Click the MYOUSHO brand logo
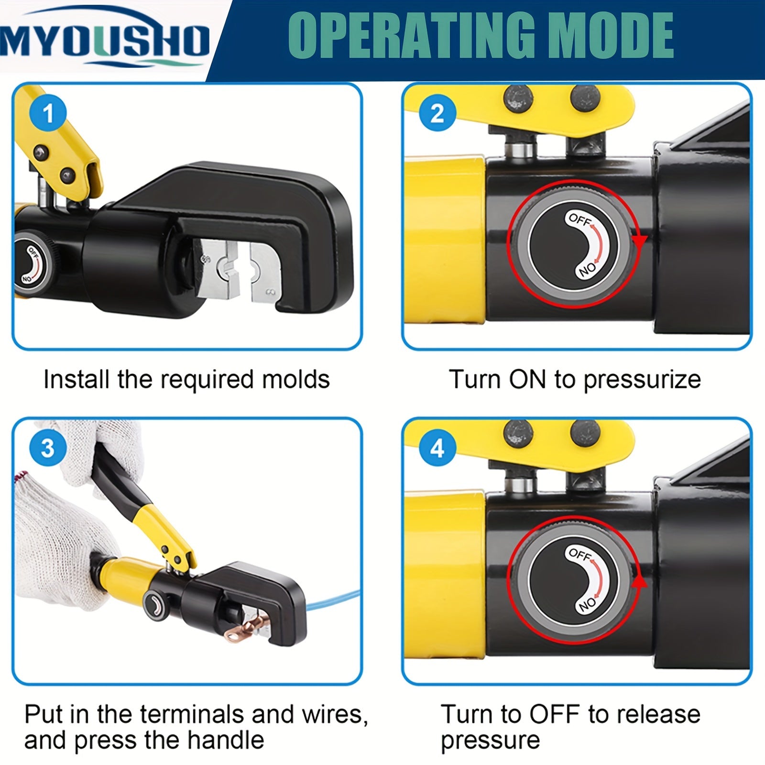point(105,41)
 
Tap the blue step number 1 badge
point(48,114)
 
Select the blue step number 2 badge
point(437,114)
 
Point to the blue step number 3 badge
point(48,448)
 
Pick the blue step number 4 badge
point(437,448)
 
